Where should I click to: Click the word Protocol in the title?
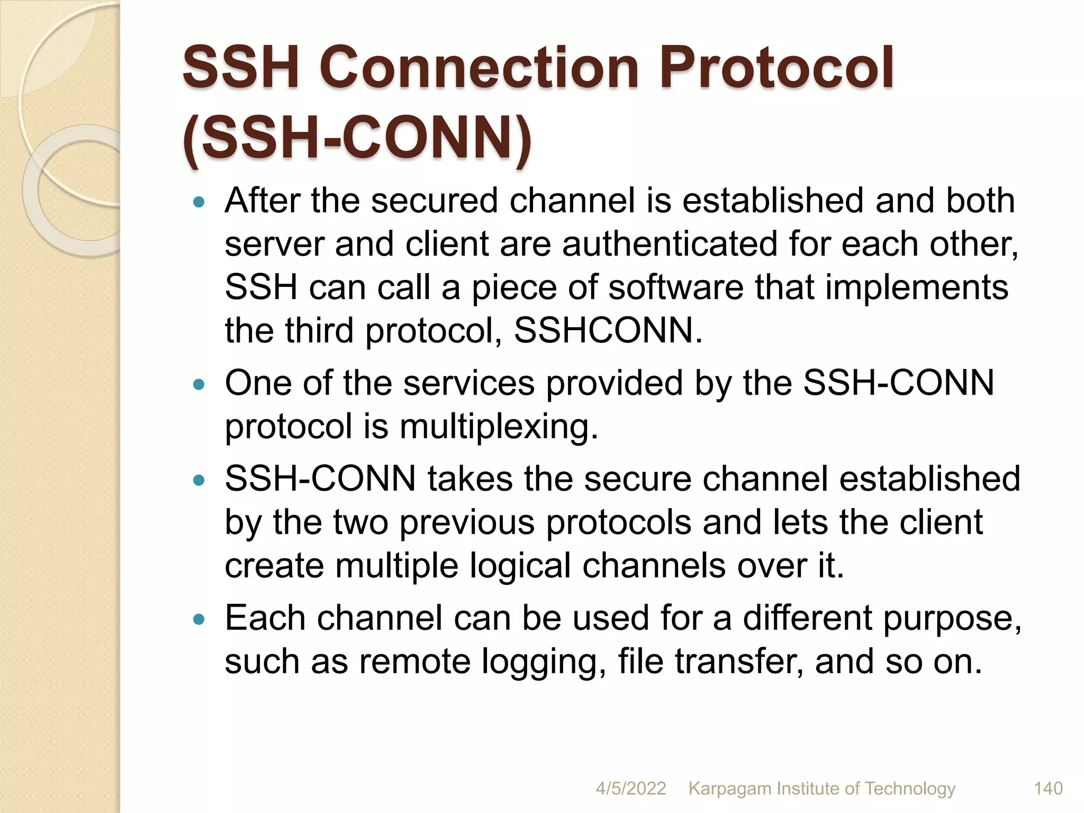point(776,68)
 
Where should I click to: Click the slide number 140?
point(1047,788)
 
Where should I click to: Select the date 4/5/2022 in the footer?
point(630,788)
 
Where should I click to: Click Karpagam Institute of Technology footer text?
point(821,788)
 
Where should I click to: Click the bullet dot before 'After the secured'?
point(199,202)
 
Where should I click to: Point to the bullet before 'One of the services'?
point(199,384)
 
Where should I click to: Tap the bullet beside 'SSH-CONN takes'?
point(199,480)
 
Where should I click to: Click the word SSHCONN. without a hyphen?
point(608,331)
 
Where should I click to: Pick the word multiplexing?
point(499,427)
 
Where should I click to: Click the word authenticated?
point(670,245)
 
